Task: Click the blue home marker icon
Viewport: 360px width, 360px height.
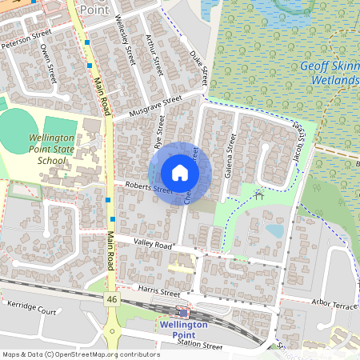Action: (x=180, y=173)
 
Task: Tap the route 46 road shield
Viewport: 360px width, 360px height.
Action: (x=110, y=298)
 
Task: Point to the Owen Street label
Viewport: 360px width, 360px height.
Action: (x=49, y=62)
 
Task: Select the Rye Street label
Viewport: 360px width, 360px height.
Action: (x=160, y=133)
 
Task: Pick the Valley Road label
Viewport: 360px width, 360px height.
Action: (x=153, y=245)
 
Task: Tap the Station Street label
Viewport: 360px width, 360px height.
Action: (x=200, y=346)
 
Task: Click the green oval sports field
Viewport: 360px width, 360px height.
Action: (x=21, y=129)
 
